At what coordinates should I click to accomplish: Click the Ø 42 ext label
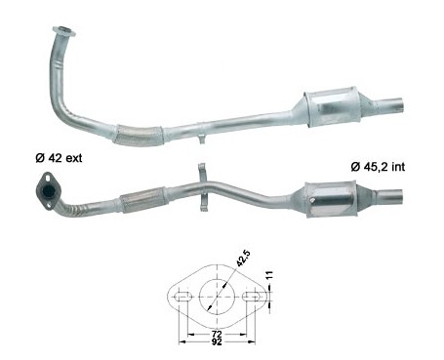click(59, 158)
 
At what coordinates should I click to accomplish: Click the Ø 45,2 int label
click(378, 167)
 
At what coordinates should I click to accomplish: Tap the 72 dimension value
click(217, 334)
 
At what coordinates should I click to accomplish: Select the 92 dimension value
click(217, 341)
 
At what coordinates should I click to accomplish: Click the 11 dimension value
click(269, 276)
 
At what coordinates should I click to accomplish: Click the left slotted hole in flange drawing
click(183, 297)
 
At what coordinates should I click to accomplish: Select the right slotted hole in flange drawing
click(251, 297)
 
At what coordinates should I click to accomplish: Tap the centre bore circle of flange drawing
click(218, 297)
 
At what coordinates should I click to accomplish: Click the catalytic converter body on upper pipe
click(333, 106)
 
